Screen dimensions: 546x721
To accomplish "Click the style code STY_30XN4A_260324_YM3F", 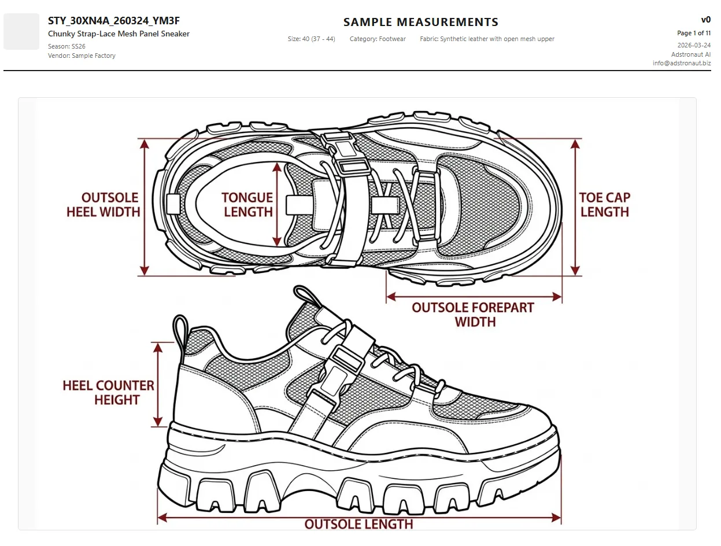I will (x=114, y=21).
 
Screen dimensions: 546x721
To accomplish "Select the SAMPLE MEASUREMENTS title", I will (x=420, y=23).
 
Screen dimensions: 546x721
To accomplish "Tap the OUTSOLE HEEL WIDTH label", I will (x=103, y=205).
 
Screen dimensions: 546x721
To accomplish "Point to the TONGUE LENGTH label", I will (x=247, y=205).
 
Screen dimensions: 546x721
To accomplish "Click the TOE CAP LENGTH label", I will (x=604, y=205).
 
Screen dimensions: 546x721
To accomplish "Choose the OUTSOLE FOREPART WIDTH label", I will (x=473, y=315).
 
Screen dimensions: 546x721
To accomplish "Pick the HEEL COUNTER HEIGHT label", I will (x=109, y=393).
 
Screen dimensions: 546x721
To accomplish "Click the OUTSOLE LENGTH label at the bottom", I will (x=358, y=524).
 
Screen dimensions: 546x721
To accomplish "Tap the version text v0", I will (x=705, y=20).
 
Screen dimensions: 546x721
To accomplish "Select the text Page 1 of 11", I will (x=693, y=33).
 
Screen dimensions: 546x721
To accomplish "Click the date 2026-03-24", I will (x=694, y=45).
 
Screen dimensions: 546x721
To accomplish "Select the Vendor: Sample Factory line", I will (x=82, y=56).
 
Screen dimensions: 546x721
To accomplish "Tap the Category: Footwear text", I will (x=378, y=39).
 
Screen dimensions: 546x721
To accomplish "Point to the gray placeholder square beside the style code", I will (x=21, y=31).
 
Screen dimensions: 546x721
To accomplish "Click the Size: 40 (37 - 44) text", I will (x=311, y=39).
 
